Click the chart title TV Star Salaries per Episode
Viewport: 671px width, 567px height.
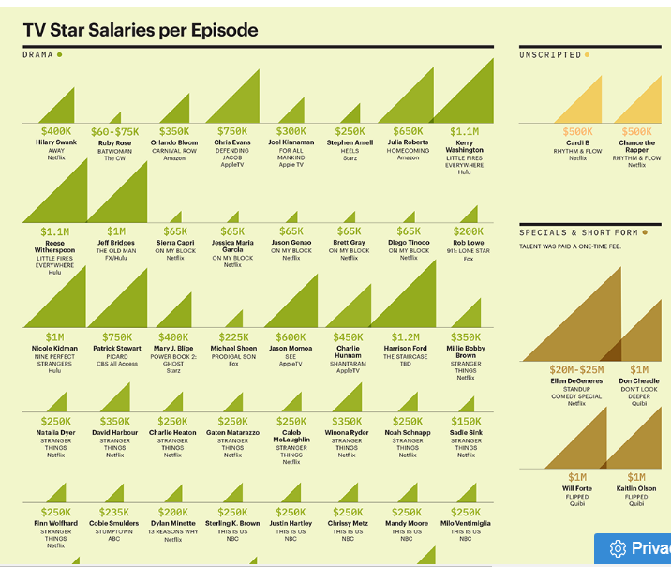pos(141,31)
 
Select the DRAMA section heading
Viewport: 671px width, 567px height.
pos(38,55)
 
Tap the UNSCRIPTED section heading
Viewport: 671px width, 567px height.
pos(551,55)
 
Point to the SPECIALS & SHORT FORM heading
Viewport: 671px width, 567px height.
pos(578,232)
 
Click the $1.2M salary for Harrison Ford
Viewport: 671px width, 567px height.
pos(408,337)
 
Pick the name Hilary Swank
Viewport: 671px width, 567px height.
pos(56,142)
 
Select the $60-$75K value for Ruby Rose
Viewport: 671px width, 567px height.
pos(114,132)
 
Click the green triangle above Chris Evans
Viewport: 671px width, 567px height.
pos(238,98)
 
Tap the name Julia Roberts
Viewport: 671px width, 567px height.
pos(408,142)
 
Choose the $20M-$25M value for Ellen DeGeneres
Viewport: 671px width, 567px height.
pos(576,370)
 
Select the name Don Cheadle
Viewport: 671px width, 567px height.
pos(638,381)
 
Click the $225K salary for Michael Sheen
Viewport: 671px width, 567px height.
pos(232,337)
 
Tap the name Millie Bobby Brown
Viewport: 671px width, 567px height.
pos(466,352)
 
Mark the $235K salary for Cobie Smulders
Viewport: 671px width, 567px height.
pos(114,513)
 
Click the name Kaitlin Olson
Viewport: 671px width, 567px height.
pos(636,488)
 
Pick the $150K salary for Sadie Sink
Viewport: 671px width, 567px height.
pos(466,422)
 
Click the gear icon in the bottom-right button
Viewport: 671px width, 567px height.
pos(618,548)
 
